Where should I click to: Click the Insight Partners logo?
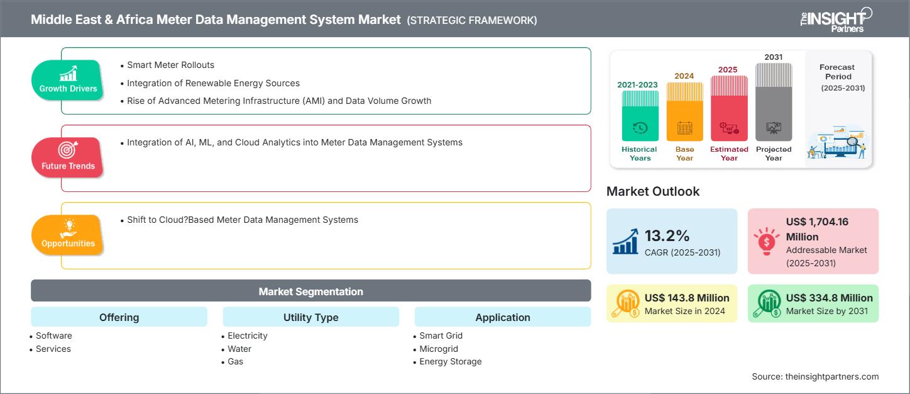(835, 19)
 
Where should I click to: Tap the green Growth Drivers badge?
(68, 80)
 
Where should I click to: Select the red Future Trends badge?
(67, 157)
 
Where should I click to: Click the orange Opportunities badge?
(67, 235)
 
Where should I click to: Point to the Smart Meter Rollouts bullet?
(170, 65)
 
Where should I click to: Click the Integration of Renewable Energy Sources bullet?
(213, 83)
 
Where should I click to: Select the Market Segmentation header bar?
(310, 291)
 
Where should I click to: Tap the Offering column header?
(119, 317)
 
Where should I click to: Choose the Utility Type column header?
(310, 317)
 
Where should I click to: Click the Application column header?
(502, 317)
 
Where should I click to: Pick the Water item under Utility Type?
(239, 349)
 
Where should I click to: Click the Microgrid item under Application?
(439, 349)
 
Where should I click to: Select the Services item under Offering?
(53, 349)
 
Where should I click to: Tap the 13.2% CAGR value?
(667, 236)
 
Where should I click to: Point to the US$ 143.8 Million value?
(687, 298)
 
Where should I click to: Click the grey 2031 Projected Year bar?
(774, 104)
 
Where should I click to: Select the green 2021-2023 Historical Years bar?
(640, 116)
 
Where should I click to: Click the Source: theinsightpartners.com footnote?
(815, 376)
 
